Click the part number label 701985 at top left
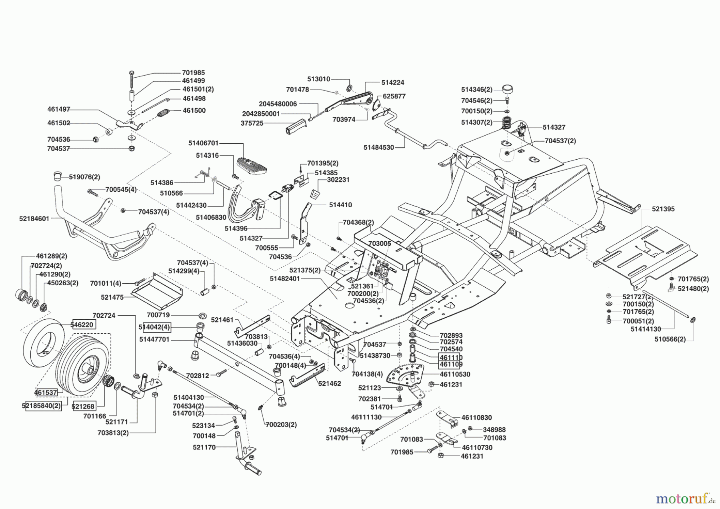[x=193, y=73]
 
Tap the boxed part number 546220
[x=83, y=325]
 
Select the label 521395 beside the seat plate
[x=663, y=209]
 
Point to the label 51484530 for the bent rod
[x=378, y=147]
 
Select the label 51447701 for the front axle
[x=154, y=339]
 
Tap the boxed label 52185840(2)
[x=42, y=406]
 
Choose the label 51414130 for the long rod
[x=646, y=329]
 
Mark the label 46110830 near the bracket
[x=476, y=417]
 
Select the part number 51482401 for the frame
[x=284, y=279]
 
